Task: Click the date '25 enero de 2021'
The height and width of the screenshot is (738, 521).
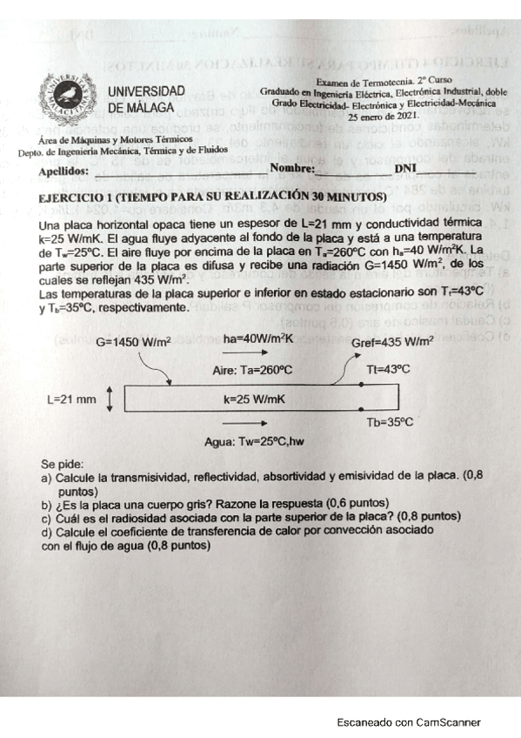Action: [384, 115]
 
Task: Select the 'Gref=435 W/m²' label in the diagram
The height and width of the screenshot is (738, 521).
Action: [392, 342]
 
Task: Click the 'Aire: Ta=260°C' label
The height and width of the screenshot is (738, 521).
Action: [252, 370]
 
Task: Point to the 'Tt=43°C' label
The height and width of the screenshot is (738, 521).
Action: [388, 369]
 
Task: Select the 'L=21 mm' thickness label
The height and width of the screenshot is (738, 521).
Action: [72, 399]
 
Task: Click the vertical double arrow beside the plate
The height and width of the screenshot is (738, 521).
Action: [110, 399]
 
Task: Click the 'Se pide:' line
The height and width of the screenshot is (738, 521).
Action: [65, 464]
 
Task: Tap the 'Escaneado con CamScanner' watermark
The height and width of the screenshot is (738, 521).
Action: [408, 721]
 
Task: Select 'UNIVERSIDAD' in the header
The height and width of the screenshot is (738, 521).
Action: [146, 91]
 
